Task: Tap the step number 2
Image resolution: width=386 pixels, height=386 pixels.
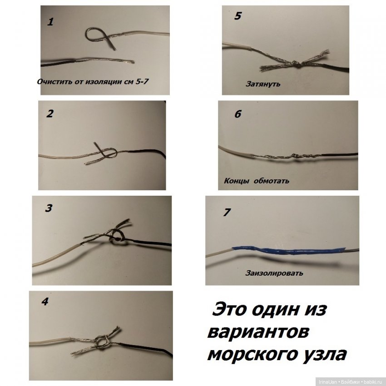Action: coord(49,114)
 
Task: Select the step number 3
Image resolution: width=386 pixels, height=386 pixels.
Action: coord(49,208)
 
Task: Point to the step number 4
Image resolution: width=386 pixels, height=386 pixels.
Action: coord(45,302)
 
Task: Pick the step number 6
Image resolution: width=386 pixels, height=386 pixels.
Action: coord(238,114)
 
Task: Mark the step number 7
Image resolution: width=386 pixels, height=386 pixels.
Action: coord(228,213)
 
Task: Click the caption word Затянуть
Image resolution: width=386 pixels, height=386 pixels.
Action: coord(263,84)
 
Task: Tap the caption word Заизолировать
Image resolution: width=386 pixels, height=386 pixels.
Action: coord(274,273)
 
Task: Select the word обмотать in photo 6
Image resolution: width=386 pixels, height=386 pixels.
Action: coord(272,181)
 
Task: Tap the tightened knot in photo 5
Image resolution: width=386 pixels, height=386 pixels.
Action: coord(296,64)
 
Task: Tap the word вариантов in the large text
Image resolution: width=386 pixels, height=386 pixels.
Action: coord(257,332)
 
